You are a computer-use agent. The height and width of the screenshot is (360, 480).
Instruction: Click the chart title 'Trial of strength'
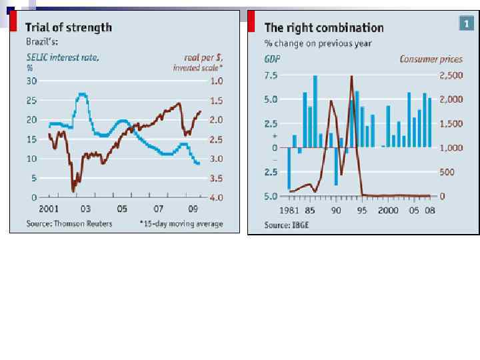pos(69,27)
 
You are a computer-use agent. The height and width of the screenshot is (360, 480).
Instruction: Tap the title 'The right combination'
pos(324,27)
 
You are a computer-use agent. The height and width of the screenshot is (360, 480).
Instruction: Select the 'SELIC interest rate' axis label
pos(63,57)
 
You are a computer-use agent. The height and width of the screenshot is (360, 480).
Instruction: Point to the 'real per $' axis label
pos(203,57)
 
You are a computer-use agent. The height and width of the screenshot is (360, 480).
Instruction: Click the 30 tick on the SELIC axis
pos(31,81)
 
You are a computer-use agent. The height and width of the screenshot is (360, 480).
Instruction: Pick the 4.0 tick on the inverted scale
pos(216,198)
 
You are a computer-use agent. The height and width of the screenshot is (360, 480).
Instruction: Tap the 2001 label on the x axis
pos(48,209)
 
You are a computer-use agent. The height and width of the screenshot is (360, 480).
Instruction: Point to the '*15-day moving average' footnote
pos(181,224)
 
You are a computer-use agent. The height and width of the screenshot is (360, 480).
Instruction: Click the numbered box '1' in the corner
pos(467,24)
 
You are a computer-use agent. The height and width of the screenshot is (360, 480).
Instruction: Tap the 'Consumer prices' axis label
pos(431,59)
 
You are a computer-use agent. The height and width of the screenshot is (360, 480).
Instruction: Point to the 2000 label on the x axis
pos(388,209)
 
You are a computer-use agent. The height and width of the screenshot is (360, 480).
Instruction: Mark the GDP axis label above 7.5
pos(272,59)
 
